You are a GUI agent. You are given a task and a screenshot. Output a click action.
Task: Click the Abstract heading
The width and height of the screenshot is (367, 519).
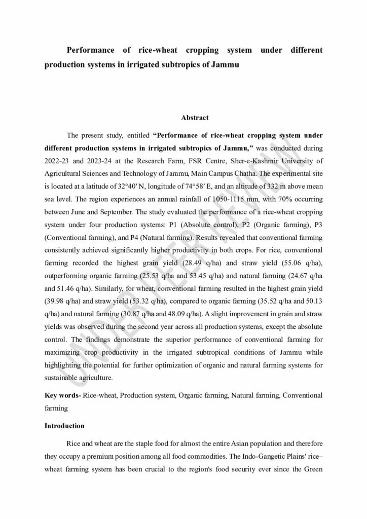click(195, 118)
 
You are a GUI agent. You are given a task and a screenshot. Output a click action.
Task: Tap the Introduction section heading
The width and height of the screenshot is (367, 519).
click(64, 426)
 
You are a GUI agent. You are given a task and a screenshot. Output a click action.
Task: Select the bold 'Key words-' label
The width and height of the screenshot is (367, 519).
click(62, 394)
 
